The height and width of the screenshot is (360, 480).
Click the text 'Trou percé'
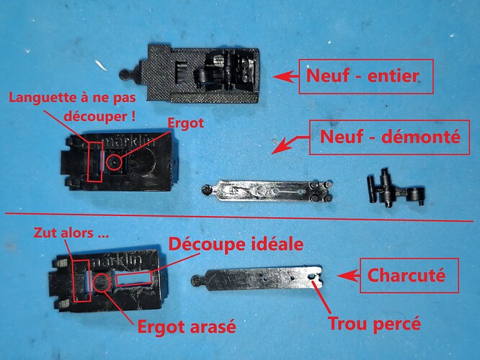tap(374, 323)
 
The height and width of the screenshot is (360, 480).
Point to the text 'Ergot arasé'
tap(187, 327)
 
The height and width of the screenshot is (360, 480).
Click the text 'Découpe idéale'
tap(236, 244)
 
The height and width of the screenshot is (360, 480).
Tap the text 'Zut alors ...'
tap(71, 233)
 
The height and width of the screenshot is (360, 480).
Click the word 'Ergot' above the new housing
tap(185, 124)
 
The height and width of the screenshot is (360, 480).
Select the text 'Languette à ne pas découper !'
tap(72, 107)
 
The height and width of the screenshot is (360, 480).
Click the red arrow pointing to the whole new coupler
tap(285, 76)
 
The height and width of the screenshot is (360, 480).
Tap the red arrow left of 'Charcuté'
tap(348, 276)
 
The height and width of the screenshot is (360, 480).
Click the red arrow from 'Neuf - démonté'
tap(290, 145)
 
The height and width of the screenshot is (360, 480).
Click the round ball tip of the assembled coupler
tap(124, 75)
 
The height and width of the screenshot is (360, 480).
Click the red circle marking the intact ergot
tap(114, 162)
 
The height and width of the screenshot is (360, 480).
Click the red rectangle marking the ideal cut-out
tap(134, 280)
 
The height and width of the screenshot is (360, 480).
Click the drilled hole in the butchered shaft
tap(312, 276)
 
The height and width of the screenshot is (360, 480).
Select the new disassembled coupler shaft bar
tap(267, 191)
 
